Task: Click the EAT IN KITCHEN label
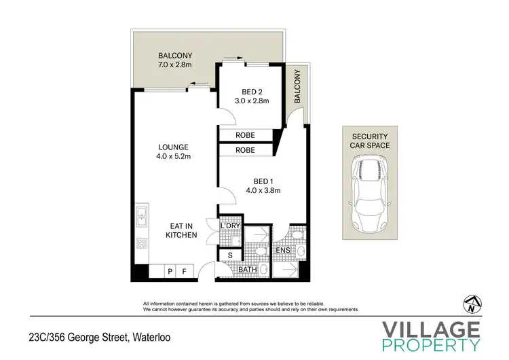181,230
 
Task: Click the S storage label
229,255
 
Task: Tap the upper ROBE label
245,135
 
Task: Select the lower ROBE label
245,150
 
